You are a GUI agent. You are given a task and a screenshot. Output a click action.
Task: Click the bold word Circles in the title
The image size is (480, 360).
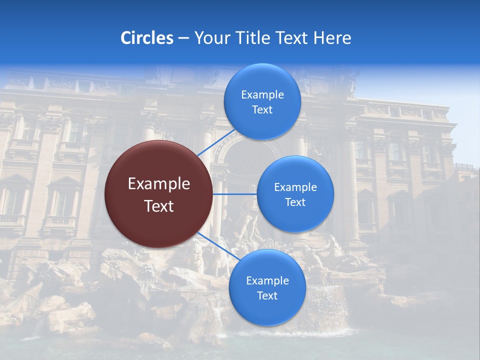click(147, 38)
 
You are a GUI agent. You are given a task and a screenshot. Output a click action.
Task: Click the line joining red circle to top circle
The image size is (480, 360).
click(216, 142)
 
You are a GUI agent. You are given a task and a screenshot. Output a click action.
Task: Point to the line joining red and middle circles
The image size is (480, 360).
click(234, 193)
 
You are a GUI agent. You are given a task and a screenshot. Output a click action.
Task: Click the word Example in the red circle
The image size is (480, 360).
click(159, 184)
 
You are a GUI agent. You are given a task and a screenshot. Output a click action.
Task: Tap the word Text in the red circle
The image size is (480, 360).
click(159, 206)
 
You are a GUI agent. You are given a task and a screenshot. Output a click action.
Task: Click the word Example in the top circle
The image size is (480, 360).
click(262, 95)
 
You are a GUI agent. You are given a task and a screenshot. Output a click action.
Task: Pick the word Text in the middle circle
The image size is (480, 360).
click(295, 202)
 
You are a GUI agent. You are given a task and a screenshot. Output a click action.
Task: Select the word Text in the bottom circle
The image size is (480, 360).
click(267, 296)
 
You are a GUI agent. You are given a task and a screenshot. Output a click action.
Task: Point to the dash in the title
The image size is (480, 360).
click(183, 38)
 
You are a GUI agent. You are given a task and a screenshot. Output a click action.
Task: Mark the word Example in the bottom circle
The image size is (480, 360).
click(267, 281)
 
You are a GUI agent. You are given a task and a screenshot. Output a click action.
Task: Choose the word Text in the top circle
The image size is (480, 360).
click(262, 110)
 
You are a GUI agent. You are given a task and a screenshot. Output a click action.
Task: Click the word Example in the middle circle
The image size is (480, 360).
click(295, 187)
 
